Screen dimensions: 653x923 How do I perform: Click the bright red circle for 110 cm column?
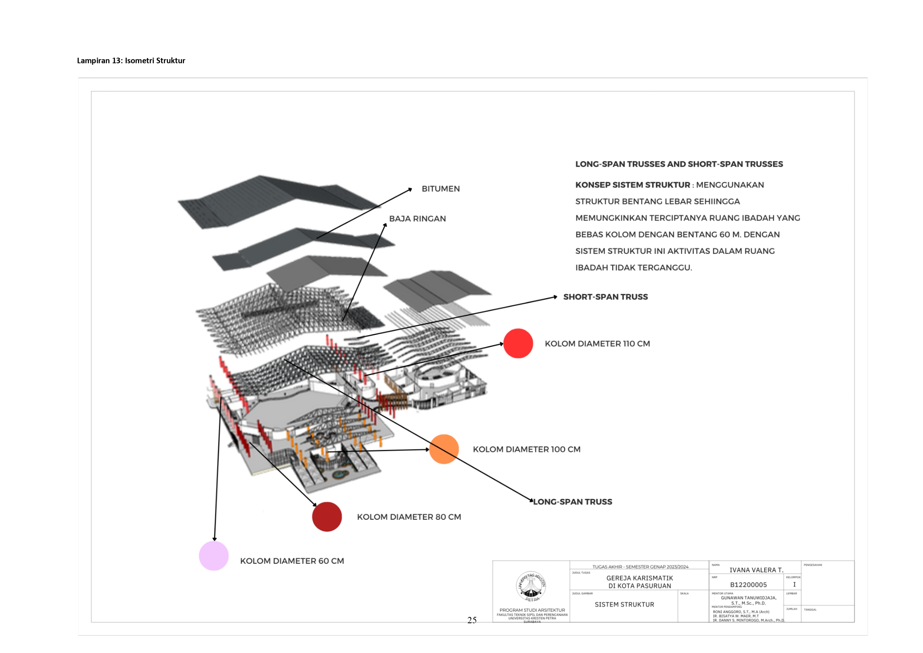pyautogui.click(x=518, y=343)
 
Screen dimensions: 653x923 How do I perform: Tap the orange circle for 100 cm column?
pyautogui.click(x=444, y=449)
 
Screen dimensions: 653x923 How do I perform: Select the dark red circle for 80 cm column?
pyautogui.click(x=326, y=517)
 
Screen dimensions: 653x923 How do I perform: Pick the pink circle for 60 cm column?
pyautogui.click(x=214, y=556)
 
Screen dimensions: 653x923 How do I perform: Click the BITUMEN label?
pyautogui.click(x=440, y=189)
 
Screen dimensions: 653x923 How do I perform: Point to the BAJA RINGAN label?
pyautogui.click(x=417, y=219)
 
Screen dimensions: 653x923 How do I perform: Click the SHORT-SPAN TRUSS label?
pyautogui.click(x=605, y=297)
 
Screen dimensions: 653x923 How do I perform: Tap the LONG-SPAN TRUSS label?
pyautogui.click(x=572, y=502)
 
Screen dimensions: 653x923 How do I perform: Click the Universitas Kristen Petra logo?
pyautogui.click(x=531, y=586)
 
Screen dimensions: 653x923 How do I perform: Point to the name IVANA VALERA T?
pyautogui.click(x=756, y=570)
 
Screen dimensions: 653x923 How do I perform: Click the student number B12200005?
pyautogui.click(x=748, y=585)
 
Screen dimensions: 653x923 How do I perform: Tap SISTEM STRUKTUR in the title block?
pyautogui.click(x=624, y=604)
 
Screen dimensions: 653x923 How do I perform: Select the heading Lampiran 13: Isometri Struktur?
pyautogui.click(x=131, y=61)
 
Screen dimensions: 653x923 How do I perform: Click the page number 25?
pyautogui.click(x=472, y=620)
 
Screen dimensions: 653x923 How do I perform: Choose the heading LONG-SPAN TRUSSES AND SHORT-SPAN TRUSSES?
pyautogui.click(x=679, y=164)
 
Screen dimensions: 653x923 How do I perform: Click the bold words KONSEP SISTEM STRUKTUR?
pyautogui.click(x=632, y=185)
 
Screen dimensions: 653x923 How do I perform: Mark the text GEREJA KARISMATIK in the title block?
pyautogui.click(x=639, y=578)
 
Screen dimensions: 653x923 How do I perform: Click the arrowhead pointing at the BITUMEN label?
pyautogui.click(x=410, y=189)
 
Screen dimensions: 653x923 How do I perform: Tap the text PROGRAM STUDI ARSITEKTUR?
pyautogui.click(x=532, y=610)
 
